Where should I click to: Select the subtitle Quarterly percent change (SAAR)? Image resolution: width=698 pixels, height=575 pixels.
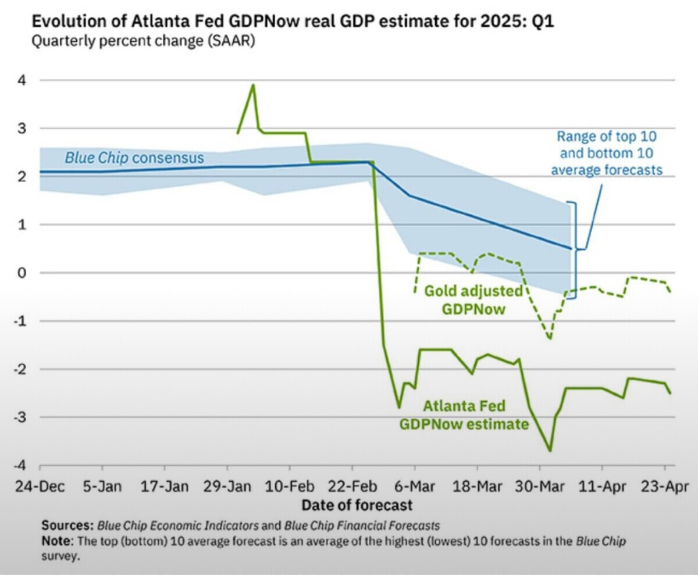coord(143,42)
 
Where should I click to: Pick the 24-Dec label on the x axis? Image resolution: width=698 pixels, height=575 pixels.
coord(40,487)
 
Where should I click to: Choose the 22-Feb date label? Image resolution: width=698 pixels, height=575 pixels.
coord(352,487)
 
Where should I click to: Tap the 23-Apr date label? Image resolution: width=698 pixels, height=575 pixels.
coord(664,487)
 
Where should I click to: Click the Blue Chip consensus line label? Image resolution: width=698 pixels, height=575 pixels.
coord(134,158)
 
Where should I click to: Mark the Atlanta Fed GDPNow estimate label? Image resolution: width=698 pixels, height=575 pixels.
coord(464,415)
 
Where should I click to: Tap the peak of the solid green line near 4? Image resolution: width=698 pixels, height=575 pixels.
coord(253,85)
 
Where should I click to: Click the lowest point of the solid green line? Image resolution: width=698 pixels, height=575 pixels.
coord(550,451)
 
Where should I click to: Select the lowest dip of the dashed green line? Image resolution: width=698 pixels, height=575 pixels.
coord(550,339)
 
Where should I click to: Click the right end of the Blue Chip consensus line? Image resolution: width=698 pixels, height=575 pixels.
coord(571,248)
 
